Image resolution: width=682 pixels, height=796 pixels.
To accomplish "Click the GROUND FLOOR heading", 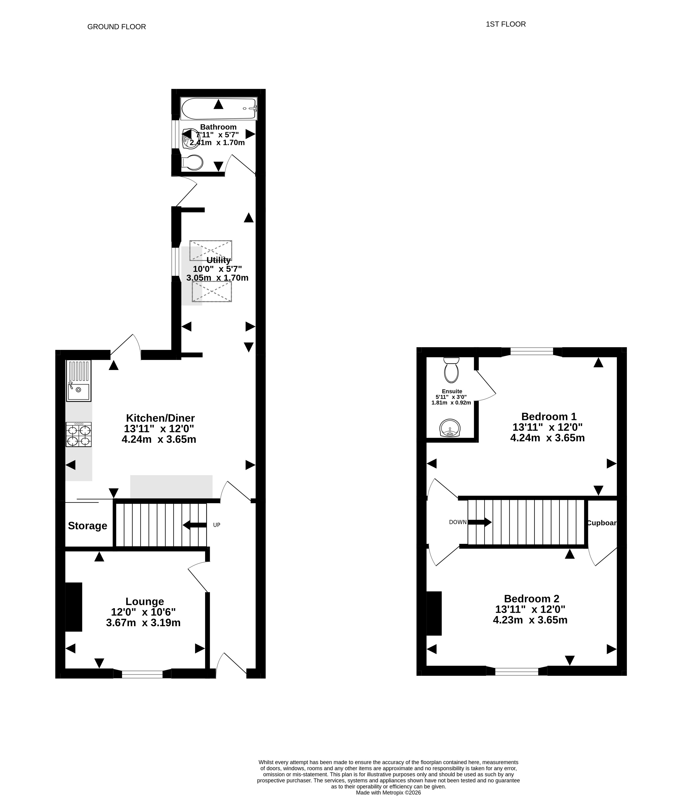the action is point(117,27).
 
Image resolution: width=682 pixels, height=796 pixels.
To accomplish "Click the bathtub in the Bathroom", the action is point(219,109).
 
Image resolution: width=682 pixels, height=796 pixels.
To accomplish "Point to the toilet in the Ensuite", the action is point(451,370).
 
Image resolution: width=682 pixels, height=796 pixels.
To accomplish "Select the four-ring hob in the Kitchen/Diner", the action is point(79,434).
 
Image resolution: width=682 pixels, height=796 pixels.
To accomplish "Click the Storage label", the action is point(88,525).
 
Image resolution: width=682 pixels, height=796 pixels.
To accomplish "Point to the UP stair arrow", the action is point(195,525).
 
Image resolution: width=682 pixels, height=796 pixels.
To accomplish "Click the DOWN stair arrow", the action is point(480,522).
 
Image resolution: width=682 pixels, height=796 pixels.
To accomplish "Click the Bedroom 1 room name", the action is point(549,416).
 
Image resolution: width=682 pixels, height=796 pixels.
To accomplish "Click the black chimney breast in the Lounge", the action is point(74,607).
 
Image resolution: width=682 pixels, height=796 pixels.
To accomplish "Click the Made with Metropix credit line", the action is point(388,792).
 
